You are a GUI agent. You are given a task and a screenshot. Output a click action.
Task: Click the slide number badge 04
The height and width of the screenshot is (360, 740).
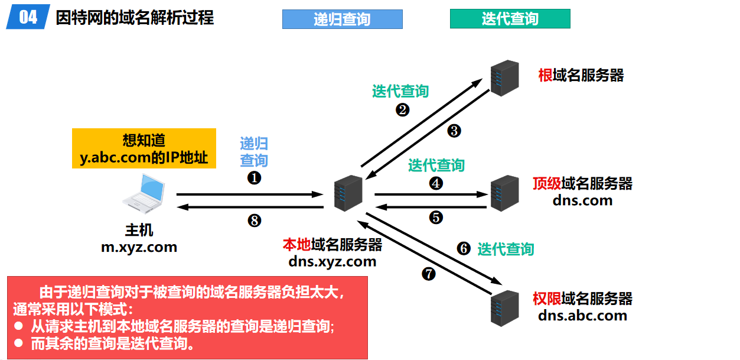[x=28, y=17]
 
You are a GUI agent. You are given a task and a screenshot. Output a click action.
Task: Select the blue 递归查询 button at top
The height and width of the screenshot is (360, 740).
[x=342, y=19]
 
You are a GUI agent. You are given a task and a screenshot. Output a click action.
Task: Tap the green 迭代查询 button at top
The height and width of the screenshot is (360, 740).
[x=510, y=19]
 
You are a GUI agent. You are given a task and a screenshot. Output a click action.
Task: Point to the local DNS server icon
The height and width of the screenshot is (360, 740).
[x=347, y=193]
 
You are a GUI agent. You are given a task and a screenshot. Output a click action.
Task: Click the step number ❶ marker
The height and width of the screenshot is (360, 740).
[x=254, y=177]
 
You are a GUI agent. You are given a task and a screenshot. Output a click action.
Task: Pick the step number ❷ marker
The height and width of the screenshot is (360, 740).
[x=403, y=109]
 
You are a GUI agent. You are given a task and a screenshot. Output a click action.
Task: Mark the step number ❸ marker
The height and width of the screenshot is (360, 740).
[x=454, y=131]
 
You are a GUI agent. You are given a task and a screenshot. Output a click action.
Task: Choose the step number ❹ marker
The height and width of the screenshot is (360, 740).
[x=436, y=183]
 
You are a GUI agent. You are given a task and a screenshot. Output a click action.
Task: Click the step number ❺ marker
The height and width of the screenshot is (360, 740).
[x=436, y=218]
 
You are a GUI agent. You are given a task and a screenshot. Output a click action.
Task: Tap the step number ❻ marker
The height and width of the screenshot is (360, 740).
[x=464, y=249]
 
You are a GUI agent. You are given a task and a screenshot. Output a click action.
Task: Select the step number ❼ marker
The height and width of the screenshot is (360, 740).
[x=428, y=274]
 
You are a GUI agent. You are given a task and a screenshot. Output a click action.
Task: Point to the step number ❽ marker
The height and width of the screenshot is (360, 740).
[x=254, y=220]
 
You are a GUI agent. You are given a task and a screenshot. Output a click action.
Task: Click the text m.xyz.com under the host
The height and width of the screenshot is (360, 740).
[x=139, y=247]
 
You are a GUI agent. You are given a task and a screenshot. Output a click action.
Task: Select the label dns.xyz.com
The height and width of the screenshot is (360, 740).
[x=332, y=261]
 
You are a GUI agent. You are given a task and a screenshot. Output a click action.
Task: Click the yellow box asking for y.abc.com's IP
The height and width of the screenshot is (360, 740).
[x=144, y=149]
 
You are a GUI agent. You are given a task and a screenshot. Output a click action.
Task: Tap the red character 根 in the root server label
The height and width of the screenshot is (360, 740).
[x=545, y=76]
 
